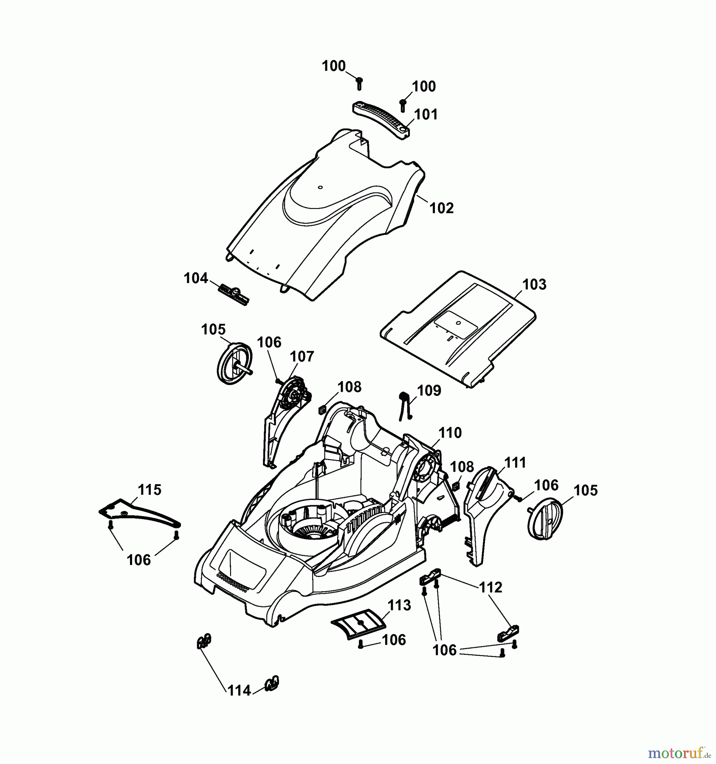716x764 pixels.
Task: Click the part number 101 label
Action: click(426, 115)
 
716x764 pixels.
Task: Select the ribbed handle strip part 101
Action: click(381, 117)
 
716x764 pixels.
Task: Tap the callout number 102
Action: click(442, 208)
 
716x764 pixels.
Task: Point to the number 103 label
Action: click(534, 284)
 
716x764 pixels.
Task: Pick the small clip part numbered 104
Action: click(234, 294)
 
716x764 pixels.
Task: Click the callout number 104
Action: click(196, 279)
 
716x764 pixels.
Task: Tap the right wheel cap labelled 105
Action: click(545, 519)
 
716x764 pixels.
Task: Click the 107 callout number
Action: click(302, 357)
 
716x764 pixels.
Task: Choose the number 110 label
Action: click(450, 433)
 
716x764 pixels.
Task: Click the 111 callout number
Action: click(515, 463)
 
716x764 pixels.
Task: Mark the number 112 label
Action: click(490, 587)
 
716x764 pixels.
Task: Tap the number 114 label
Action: click(240, 691)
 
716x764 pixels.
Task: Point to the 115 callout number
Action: click(149, 490)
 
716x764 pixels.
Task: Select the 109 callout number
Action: click(429, 390)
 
